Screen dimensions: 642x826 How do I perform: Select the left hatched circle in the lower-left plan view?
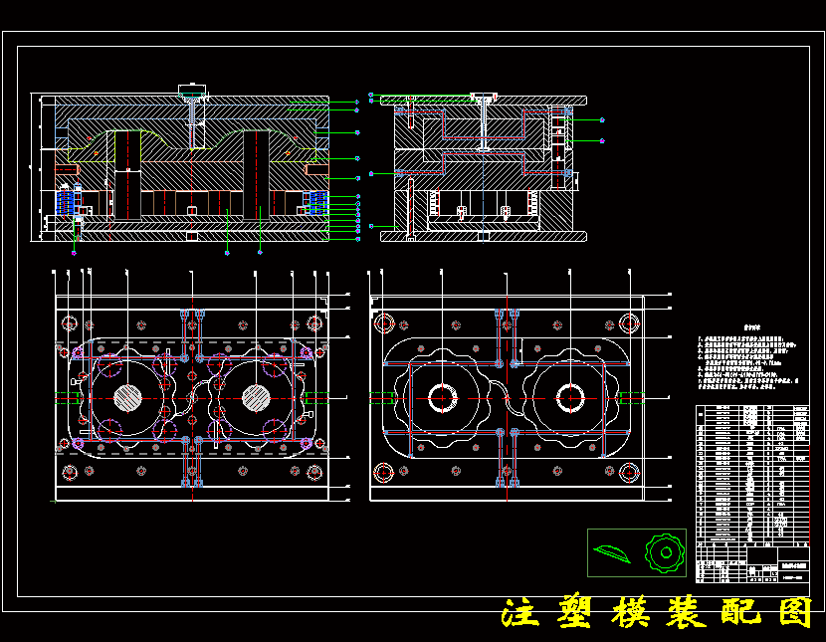pos(127,397)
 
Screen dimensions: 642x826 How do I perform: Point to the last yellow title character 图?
pos(793,613)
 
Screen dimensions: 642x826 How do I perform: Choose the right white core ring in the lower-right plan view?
pos(570,397)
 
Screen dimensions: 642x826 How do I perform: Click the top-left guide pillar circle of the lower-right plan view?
pos(383,322)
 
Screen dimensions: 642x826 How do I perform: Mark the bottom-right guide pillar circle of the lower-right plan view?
pos(629,472)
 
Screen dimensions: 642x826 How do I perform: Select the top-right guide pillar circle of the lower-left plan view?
pos(315,323)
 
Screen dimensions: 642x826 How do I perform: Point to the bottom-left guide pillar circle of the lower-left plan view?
pos(69,471)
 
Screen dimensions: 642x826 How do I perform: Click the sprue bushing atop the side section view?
pos(485,97)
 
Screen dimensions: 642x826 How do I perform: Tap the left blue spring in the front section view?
pos(67,201)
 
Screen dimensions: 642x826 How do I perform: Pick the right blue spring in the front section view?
pos(317,201)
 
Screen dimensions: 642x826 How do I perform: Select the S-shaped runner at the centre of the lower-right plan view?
pos(506,397)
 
